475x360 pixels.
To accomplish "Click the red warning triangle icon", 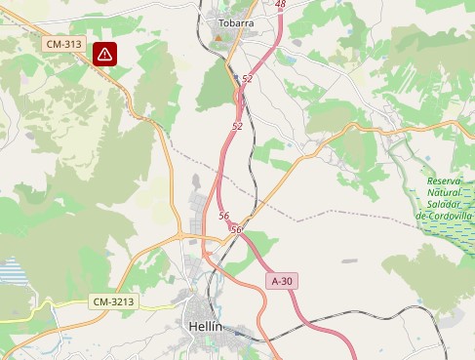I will [x=105, y=55].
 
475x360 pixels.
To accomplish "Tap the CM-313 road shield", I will [x=63, y=44].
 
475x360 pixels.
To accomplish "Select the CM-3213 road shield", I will [x=112, y=301].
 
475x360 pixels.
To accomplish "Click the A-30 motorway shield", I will [x=282, y=281].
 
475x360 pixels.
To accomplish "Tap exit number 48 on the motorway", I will [x=281, y=5].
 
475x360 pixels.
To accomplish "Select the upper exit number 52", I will [x=248, y=79].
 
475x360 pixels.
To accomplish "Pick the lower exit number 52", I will [x=238, y=127].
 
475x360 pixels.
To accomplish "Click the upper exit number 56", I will [x=224, y=216].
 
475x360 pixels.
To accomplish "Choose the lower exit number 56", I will [x=236, y=229].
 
